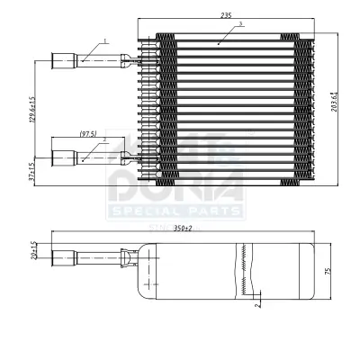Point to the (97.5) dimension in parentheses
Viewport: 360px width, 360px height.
87,134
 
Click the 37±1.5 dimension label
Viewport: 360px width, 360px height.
34,172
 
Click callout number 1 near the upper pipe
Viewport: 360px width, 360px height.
105,40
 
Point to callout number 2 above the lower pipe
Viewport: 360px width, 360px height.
104,139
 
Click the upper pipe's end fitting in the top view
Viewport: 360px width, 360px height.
65,61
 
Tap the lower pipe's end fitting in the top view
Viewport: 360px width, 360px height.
65,158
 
